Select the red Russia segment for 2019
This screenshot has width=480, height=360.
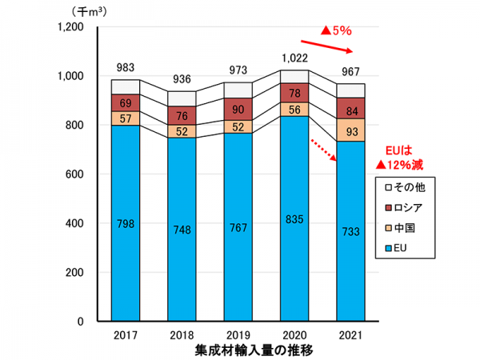point(238,110)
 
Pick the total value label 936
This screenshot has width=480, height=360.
point(182,79)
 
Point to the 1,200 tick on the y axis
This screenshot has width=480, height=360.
point(72,27)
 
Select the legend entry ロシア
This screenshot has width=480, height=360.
point(411,208)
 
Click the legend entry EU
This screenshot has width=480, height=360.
point(405,250)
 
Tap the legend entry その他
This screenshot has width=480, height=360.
point(411,187)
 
